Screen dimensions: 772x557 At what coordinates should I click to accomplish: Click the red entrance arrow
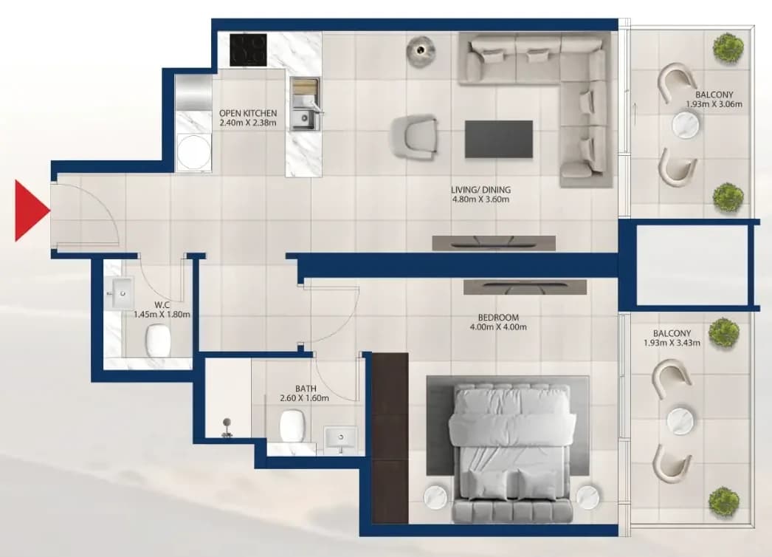point(30,211)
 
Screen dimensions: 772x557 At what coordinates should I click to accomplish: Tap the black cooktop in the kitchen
point(249,49)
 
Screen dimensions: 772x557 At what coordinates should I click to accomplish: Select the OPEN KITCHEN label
point(248,113)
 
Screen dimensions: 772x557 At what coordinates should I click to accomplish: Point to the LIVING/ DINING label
point(480,190)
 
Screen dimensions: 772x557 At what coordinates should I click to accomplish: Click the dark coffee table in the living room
point(499,140)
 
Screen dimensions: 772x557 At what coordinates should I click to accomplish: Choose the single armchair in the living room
point(415,137)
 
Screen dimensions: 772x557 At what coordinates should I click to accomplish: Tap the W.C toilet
point(158,340)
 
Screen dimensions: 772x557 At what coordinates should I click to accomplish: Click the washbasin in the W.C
point(120,294)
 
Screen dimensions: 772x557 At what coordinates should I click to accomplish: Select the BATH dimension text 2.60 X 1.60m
point(304,398)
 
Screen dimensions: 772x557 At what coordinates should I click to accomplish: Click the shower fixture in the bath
point(227,428)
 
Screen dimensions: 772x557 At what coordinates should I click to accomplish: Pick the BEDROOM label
point(498,318)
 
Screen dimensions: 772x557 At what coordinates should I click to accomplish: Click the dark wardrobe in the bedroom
point(390,438)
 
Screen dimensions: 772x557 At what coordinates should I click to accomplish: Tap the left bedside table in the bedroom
point(435,497)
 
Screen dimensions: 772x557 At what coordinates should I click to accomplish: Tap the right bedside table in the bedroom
point(589,497)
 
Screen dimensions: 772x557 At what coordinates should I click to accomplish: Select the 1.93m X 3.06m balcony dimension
point(714,104)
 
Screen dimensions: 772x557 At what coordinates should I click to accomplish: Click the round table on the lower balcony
point(681,421)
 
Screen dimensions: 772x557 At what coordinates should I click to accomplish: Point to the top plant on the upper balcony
point(728,48)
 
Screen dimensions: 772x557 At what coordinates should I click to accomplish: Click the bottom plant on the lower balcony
point(724,502)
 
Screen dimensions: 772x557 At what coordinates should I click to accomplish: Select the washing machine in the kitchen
point(193,152)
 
